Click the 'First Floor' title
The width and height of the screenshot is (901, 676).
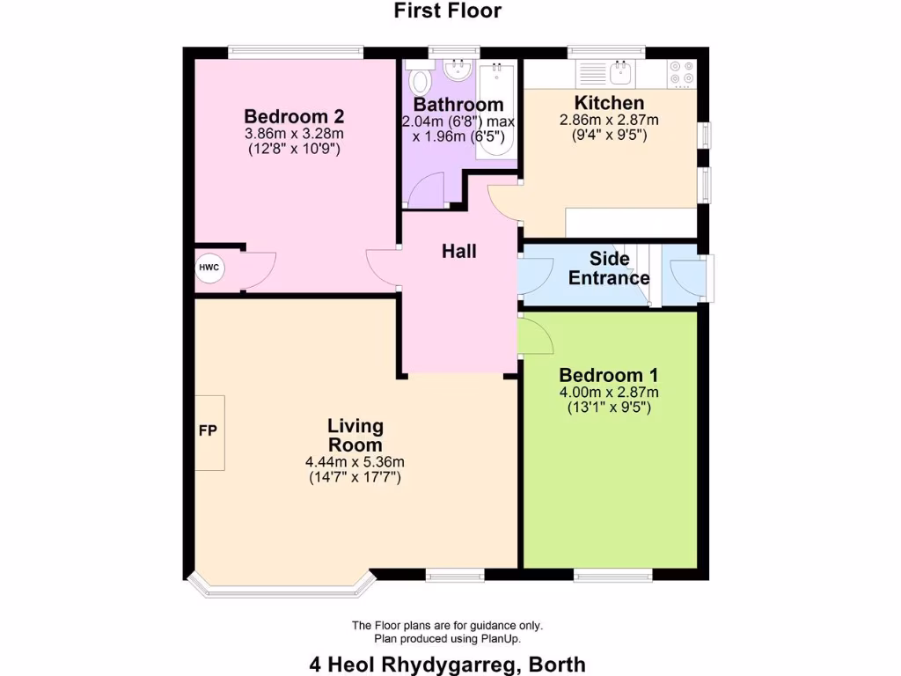click(x=447, y=11)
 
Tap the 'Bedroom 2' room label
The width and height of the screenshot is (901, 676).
click(x=294, y=116)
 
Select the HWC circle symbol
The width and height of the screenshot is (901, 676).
click(x=209, y=268)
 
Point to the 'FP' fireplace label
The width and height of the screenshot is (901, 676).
click(x=208, y=431)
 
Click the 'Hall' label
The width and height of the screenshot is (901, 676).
click(x=458, y=252)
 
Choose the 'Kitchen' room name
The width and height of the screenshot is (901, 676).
click(x=609, y=103)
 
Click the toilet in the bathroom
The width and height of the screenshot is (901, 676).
click(x=421, y=83)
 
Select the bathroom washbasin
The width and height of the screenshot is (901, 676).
click(x=458, y=69)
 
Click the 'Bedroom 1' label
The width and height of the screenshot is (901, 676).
click(x=609, y=375)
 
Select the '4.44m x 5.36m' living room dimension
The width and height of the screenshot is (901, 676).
click(x=355, y=462)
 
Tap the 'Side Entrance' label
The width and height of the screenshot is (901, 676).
click(x=609, y=268)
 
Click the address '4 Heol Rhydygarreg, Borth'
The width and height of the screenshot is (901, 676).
click(x=447, y=665)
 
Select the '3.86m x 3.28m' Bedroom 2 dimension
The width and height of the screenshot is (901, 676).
click(x=294, y=134)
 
